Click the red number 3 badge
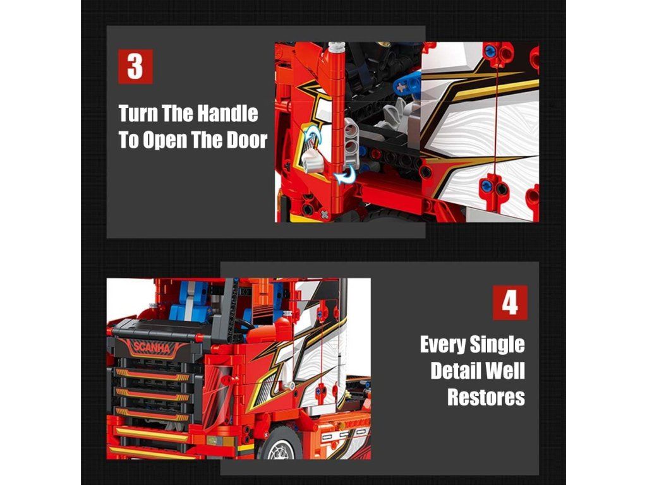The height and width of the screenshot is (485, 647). (135, 66)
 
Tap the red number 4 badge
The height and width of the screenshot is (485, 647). (510, 302)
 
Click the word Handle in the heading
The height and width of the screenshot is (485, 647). (227, 113)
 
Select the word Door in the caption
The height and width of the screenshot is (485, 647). (247, 140)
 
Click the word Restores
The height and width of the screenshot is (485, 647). (486, 397)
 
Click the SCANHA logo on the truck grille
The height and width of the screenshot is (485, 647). (152, 347)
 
